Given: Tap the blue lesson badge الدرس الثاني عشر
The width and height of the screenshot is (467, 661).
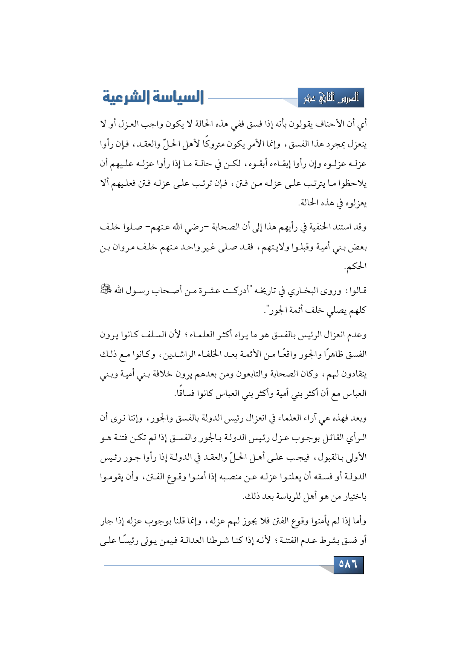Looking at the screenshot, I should tap(331, 98).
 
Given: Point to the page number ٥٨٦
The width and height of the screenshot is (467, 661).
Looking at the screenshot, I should tap(348, 565).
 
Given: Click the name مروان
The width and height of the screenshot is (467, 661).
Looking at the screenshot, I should tap(129, 247).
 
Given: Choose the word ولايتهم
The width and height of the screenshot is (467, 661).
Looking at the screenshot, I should tap(278, 247).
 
